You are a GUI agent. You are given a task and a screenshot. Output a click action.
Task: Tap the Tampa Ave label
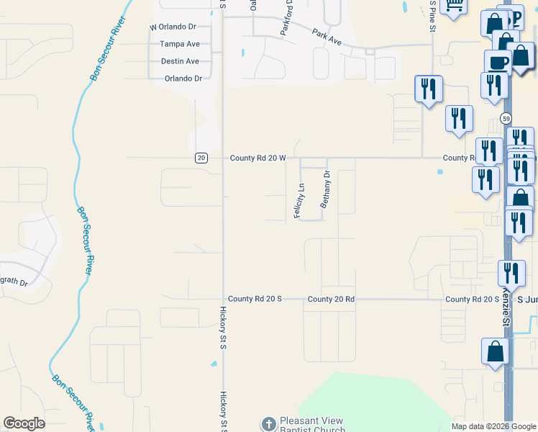(179, 44)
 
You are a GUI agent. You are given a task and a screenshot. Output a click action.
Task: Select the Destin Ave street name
(180, 61)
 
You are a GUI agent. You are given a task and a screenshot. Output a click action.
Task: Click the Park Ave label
(327, 34)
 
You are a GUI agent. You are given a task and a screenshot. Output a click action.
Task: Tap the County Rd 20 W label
(258, 158)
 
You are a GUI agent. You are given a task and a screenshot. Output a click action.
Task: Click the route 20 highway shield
(201, 158)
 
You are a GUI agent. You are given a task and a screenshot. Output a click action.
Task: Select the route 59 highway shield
(507, 118)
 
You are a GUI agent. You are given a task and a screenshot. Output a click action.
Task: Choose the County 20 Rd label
(331, 299)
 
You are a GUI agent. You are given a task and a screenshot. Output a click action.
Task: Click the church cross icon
(268, 425)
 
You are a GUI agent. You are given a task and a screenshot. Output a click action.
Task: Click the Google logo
(24, 424)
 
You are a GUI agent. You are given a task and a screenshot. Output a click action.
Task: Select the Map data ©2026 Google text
(493, 426)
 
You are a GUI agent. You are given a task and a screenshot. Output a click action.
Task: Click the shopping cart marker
(454, 6)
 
